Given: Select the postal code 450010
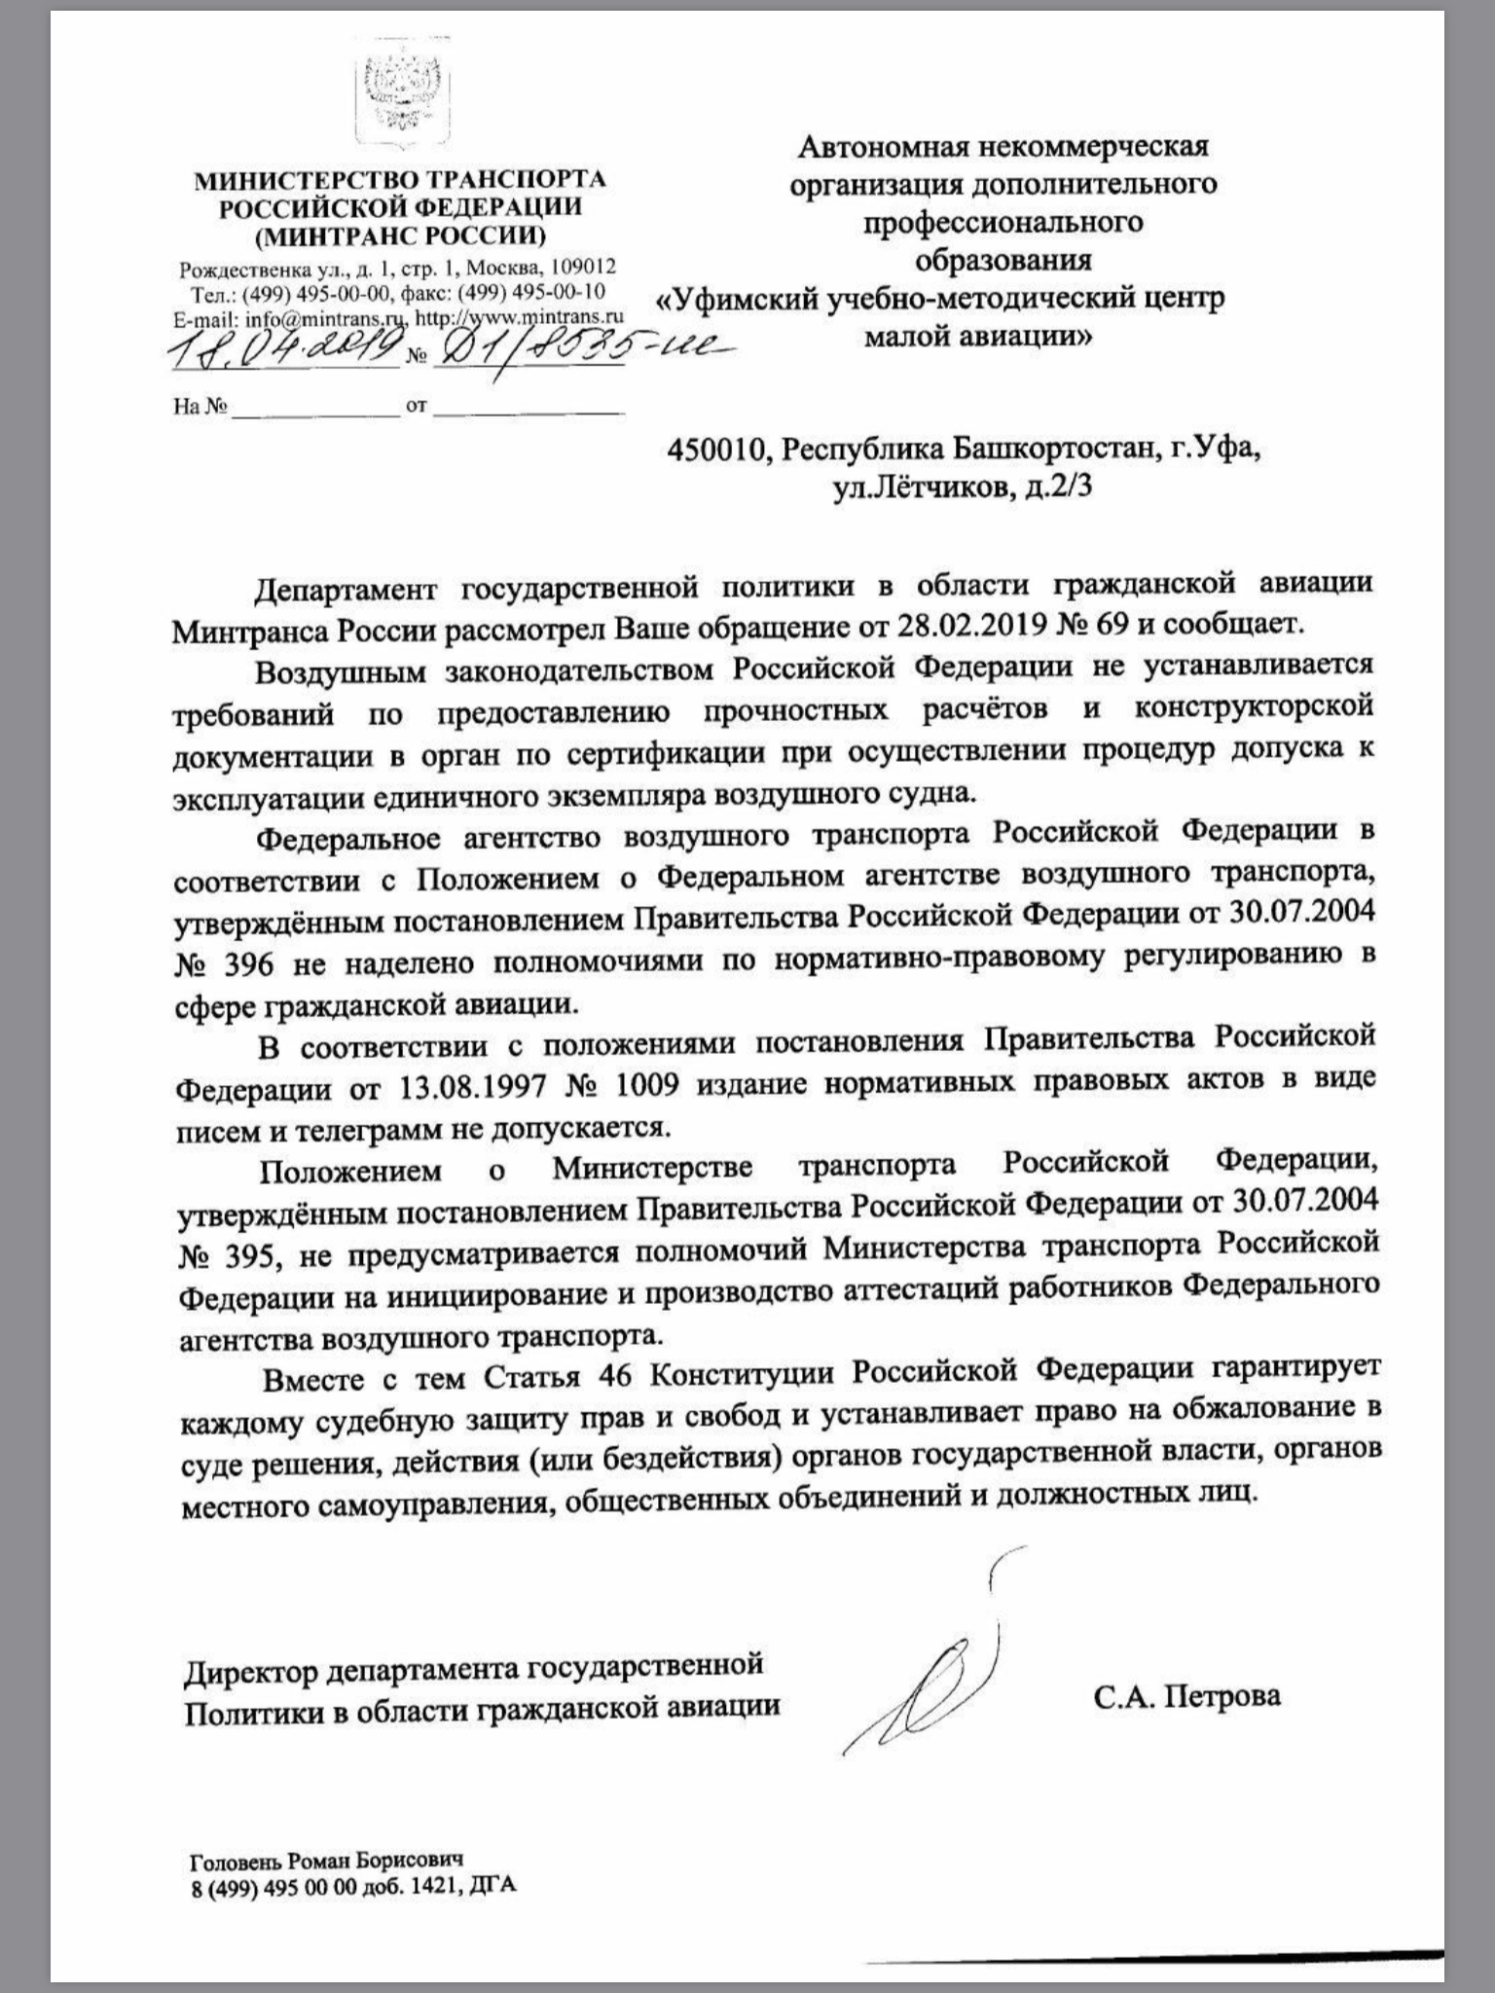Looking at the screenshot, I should coord(720,450).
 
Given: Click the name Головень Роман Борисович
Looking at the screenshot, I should coord(326,1832).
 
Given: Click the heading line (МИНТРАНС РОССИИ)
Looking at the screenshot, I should coord(400,236).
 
